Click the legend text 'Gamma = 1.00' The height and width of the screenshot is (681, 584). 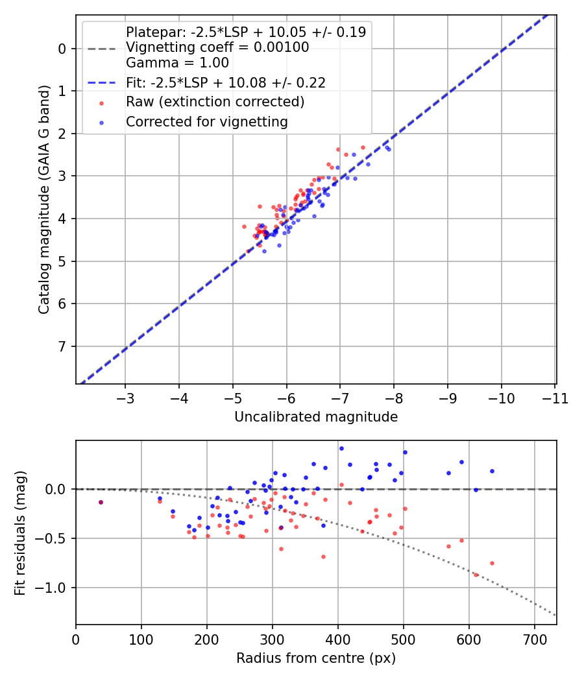coord(177,64)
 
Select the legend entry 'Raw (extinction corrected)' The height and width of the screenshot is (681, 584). coord(215,102)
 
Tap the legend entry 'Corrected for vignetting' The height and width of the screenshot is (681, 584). coord(206,121)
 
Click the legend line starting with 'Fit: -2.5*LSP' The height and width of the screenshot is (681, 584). coord(225,82)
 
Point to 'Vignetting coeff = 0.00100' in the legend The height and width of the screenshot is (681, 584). coord(217,47)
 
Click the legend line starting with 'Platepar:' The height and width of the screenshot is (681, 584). coord(245,32)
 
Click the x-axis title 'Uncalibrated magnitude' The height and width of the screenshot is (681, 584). coord(316,417)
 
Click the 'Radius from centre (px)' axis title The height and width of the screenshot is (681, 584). coord(316,658)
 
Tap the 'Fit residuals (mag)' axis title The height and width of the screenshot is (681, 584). coord(20,532)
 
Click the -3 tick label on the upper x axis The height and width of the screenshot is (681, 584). coord(125,398)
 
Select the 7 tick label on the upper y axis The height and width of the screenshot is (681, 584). coord(62,346)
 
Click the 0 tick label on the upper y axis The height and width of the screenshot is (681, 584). coord(62,49)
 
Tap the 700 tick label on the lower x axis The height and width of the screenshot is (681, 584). coord(534,639)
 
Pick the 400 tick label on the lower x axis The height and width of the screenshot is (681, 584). coord(337,639)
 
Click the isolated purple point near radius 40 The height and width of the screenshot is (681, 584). coord(101,502)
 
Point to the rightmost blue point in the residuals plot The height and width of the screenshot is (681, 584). coord(492,471)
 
